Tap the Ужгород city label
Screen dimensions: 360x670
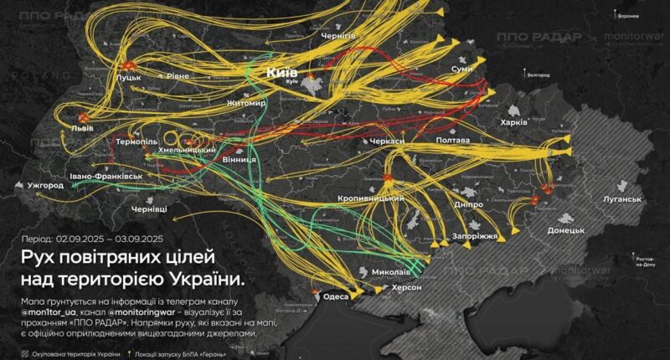(45, 184)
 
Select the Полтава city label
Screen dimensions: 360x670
(453, 141)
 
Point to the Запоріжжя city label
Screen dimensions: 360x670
(476, 237)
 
